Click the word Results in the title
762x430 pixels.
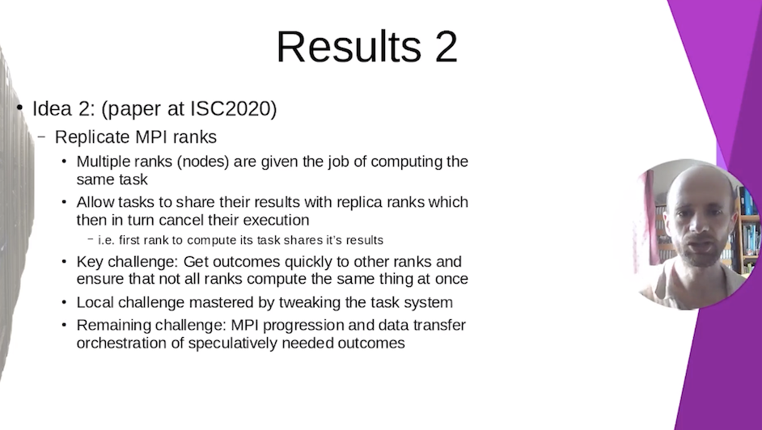(349, 47)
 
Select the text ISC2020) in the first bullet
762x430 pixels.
(233, 108)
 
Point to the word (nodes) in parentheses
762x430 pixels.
(203, 162)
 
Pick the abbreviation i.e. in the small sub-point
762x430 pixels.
(107, 240)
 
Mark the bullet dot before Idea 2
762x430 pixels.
(19, 107)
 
